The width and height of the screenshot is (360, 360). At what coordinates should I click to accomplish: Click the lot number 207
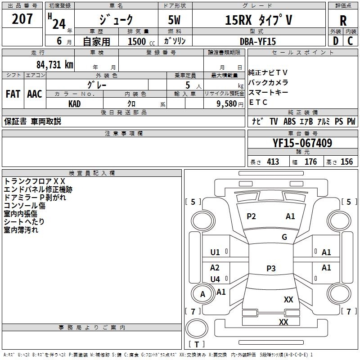click(x=22, y=19)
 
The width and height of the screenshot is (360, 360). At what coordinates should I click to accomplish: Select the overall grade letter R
click(x=343, y=21)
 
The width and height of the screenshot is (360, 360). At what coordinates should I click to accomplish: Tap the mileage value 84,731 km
click(x=55, y=65)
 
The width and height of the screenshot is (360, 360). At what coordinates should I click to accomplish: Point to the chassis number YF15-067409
click(x=302, y=143)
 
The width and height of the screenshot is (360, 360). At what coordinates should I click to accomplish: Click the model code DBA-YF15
click(x=257, y=41)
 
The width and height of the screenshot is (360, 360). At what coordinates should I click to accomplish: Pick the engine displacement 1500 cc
click(x=141, y=41)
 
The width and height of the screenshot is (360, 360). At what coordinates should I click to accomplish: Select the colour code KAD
click(x=74, y=104)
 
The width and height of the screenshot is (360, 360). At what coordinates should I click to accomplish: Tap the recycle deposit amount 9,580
click(x=227, y=104)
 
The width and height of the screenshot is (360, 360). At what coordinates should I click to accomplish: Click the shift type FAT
click(x=13, y=94)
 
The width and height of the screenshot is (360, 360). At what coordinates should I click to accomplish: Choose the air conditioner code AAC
click(x=35, y=94)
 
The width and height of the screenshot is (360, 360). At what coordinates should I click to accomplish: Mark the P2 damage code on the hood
click(x=251, y=216)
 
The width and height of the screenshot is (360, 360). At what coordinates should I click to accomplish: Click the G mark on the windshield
click(x=284, y=237)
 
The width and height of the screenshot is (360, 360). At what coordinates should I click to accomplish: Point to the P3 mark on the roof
click(x=271, y=268)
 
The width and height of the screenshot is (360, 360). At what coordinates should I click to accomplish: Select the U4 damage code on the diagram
click(x=215, y=279)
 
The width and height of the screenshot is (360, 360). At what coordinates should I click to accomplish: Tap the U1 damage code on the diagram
click(x=215, y=252)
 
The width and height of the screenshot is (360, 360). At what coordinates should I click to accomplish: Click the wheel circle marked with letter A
click(x=202, y=294)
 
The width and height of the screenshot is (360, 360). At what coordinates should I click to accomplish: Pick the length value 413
click(x=273, y=162)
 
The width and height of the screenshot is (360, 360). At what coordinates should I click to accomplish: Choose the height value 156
click(x=346, y=162)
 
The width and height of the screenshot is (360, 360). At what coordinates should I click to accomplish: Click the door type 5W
click(x=174, y=20)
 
